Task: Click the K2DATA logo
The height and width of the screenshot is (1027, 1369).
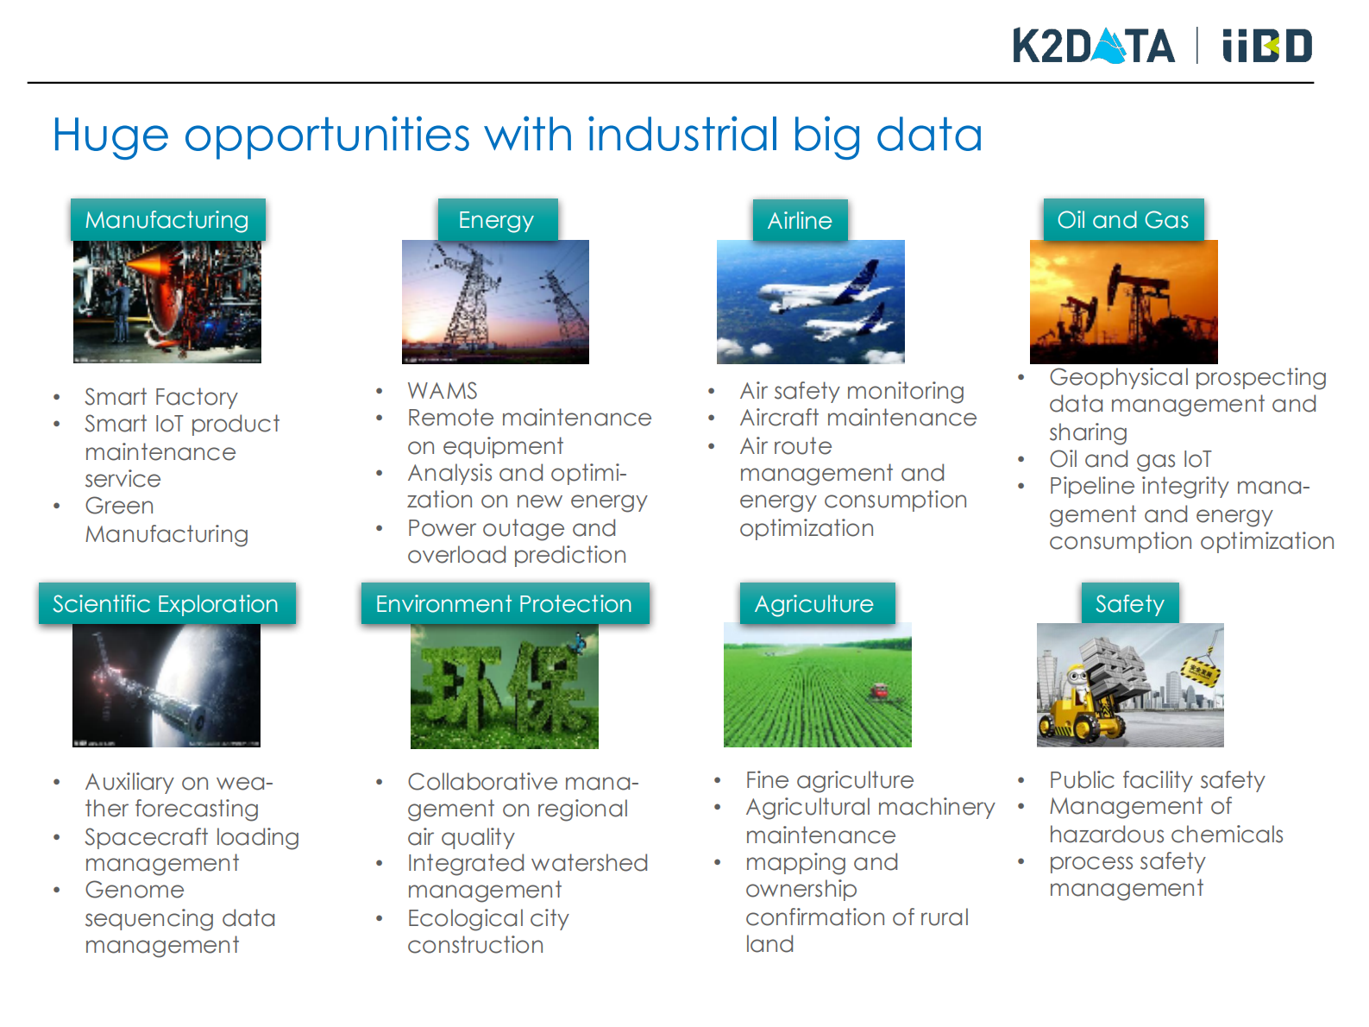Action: pos(1093,46)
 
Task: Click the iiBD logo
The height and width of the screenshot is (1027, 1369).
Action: pos(1266,46)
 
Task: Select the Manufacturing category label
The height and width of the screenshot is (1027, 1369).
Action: pos(167,219)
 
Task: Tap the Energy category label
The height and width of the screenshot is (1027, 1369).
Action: pos(497,219)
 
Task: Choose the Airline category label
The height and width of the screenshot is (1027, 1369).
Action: pos(801,220)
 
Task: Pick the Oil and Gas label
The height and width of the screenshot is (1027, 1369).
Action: pos(1123,219)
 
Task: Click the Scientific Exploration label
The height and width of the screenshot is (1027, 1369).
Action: pos(166,603)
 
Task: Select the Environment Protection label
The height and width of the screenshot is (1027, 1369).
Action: pos(505,603)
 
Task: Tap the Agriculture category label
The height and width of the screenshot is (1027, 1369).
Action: pos(817,603)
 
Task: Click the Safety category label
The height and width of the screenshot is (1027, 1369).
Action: pos(1130,603)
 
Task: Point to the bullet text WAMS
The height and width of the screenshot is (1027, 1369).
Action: pos(443,391)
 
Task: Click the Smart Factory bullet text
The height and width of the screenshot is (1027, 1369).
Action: pos(161,398)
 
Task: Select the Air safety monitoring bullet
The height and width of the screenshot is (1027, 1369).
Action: pos(852,391)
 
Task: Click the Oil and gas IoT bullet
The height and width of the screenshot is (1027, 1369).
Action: pos(1130,459)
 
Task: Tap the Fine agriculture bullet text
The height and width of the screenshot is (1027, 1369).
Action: pos(830,780)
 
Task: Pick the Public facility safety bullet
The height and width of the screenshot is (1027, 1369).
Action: pos(1157,780)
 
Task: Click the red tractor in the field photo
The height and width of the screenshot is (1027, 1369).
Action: pos(879,691)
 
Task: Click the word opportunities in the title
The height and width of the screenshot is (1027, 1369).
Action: pos(327,135)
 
